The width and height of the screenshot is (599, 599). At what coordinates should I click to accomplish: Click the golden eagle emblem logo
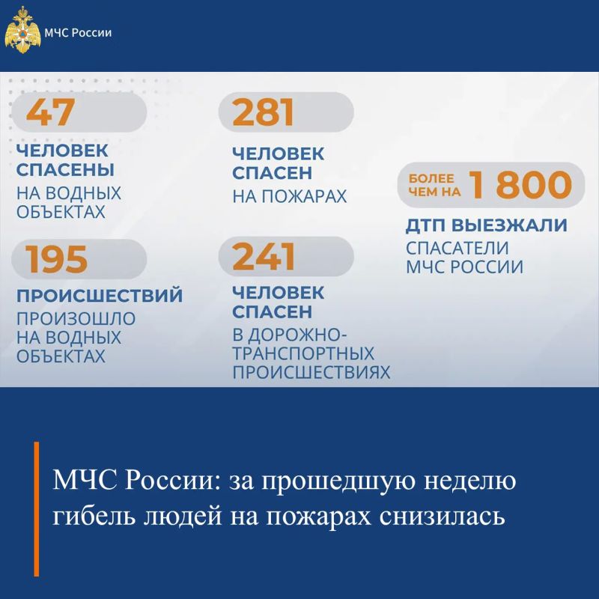pyautogui.click(x=22, y=30)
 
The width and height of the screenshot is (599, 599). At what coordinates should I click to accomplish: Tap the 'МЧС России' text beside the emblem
pyautogui.click(x=78, y=32)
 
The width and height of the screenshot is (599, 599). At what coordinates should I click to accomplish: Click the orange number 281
pyautogui.click(x=264, y=112)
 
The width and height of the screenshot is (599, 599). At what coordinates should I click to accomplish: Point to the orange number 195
pyautogui.click(x=56, y=259)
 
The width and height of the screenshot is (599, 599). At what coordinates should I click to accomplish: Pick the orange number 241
pyautogui.click(x=264, y=256)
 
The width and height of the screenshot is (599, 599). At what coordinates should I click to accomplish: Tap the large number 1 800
pyautogui.click(x=520, y=184)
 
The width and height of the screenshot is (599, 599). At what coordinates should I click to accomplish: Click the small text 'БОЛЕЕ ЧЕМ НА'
pyautogui.click(x=434, y=185)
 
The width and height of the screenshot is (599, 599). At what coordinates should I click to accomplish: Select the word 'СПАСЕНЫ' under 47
pyautogui.click(x=65, y=170)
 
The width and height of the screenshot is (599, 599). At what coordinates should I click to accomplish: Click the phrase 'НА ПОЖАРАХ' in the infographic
pyautogui.click(x=290, y=196)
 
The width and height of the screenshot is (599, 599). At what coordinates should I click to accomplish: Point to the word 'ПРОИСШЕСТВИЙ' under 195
pyautogui.click(x=100, y=296)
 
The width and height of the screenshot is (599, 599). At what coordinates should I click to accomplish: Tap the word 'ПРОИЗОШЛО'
pyautogui.click(x=76, y=319)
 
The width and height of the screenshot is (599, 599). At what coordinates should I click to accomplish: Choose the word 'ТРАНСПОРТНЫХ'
pyautogui.click(x=303, y=353)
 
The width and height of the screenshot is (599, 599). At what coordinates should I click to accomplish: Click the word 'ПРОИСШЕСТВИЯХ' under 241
pyautogui.click(x=311, y=372)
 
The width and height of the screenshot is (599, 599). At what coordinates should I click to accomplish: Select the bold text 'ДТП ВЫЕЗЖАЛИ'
pyautogui.click(x=486, y=225)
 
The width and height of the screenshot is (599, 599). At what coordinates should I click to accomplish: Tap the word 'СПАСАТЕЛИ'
pyautogui.click(x=457, y=249)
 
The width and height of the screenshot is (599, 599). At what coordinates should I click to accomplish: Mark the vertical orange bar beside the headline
pyautogui.click(x=36, y=509)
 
